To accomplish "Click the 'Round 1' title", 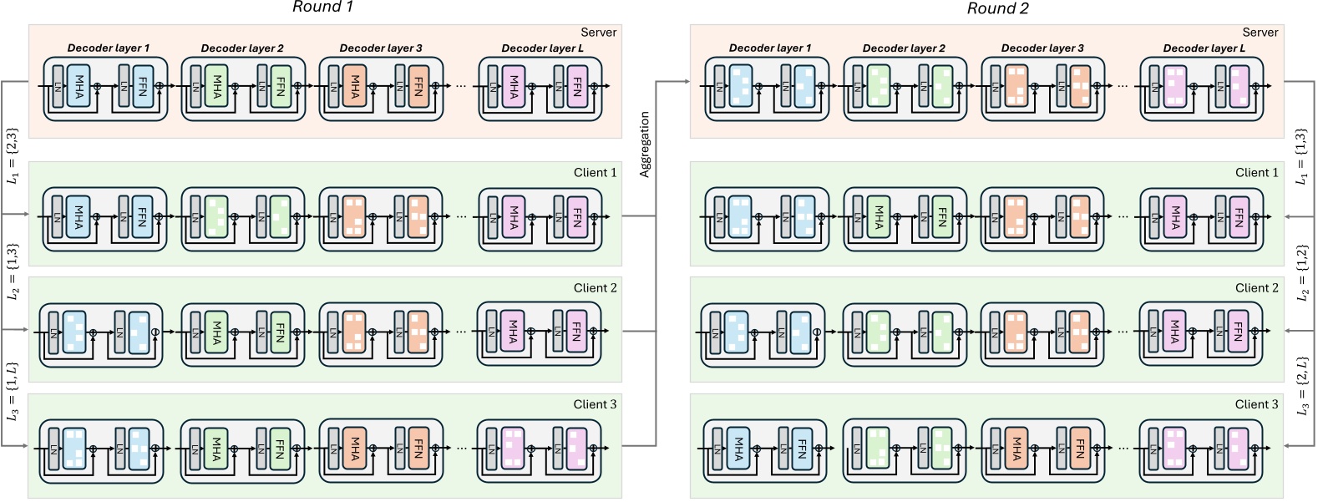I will [x=322, y=8].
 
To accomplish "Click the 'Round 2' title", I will [x=997, y=8].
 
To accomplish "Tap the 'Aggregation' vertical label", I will [x=645, y=145].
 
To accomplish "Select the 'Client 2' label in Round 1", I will [x=595, y=288].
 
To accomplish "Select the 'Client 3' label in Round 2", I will [x=1256, y=404].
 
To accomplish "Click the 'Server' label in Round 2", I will [x=1260, y=33].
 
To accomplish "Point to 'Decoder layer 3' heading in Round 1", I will [x=380, y=48].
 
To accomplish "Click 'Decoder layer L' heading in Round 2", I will [x=1204, y=48].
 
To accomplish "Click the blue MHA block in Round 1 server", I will [x=79, y=86].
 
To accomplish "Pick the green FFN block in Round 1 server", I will [x=281, y=86].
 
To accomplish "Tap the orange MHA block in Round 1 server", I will [x=355, y=86].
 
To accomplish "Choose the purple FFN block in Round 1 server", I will [x=577, y=86].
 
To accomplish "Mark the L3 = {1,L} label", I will [x=12, y=390].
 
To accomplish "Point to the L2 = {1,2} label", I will [x=1301, y=273].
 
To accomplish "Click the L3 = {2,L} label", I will [x=1301, y=386].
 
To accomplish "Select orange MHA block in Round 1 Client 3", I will [x=355, y=447].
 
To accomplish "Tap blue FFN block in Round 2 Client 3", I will [x=802, y=447].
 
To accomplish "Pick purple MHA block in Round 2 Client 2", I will [x=1175, y=332].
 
